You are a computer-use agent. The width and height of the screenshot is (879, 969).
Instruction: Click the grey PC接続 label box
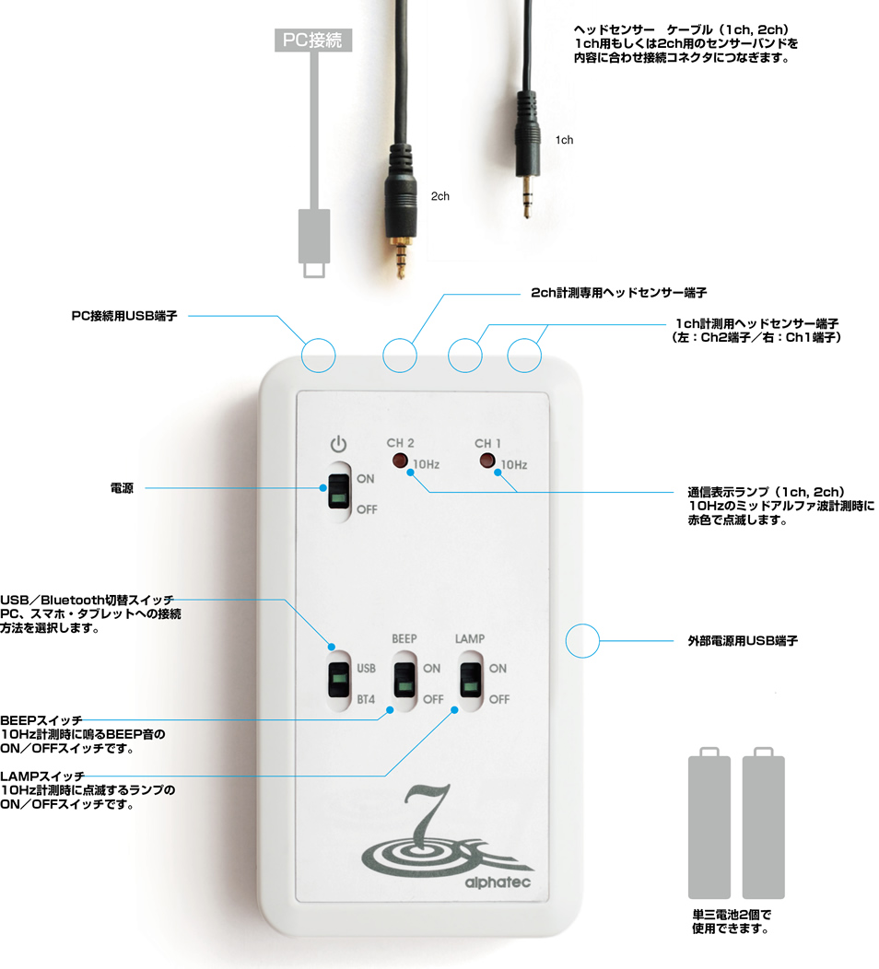[313, 41]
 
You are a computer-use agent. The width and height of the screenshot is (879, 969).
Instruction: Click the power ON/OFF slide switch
[339, 492]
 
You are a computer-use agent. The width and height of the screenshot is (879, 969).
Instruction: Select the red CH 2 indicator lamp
[400, 461]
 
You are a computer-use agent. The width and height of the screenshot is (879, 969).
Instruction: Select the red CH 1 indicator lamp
[487, 461]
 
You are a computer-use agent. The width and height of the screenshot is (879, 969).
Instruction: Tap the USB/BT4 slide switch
[339, 681]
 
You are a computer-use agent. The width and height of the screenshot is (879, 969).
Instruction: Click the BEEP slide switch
[404, 681]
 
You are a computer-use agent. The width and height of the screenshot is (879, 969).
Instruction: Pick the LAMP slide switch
[471, 681]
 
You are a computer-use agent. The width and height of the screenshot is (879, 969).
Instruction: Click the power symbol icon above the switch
[338, 444]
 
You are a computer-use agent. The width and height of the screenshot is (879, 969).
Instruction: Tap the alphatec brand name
[498, 882]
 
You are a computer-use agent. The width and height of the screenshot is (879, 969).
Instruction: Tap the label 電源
[122, 488]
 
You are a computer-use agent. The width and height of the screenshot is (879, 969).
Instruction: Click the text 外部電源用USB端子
[743, 641]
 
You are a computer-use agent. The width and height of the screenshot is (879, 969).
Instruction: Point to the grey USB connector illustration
[314, 242]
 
